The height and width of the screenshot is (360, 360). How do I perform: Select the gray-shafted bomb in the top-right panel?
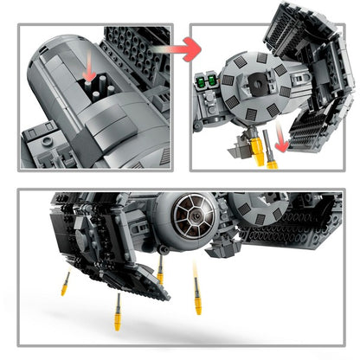pos(272,155)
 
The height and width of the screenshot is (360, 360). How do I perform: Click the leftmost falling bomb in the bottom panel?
pos(66,283)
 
